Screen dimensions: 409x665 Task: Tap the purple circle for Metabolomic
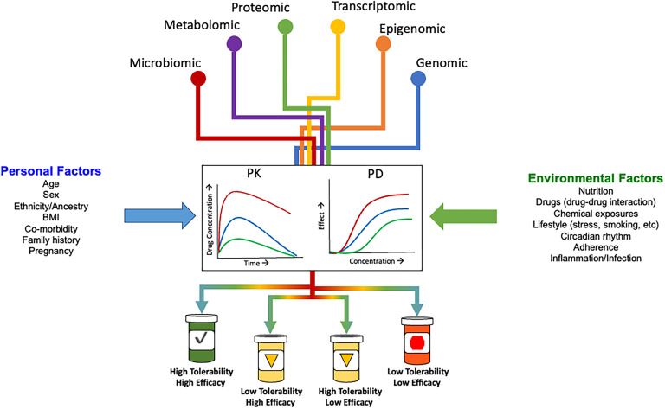(234, 42)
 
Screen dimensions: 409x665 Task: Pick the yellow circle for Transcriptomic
(339, 27)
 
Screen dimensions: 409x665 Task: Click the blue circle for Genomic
(418, 79)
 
